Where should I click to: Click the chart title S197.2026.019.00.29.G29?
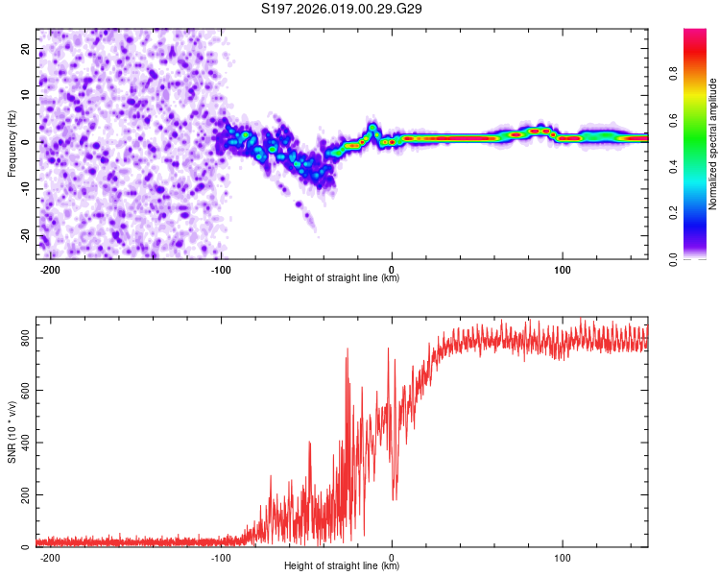(x=343, y=10)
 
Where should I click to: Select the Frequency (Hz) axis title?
(x=12, y=143)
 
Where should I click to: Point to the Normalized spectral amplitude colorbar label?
(x=712, y=144)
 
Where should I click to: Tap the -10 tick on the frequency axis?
(x=24, y=189)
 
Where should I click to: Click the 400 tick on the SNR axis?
(x=23, y=443)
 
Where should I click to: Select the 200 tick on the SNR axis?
(x=23, y=495)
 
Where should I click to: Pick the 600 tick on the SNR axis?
(x=23, y=391)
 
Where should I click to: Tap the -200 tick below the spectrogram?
(x=50, y=269)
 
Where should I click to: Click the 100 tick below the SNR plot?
(x=563, y=557)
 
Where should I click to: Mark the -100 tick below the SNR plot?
(x=221, y=557)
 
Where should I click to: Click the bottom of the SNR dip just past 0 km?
(x=395, y=499)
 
